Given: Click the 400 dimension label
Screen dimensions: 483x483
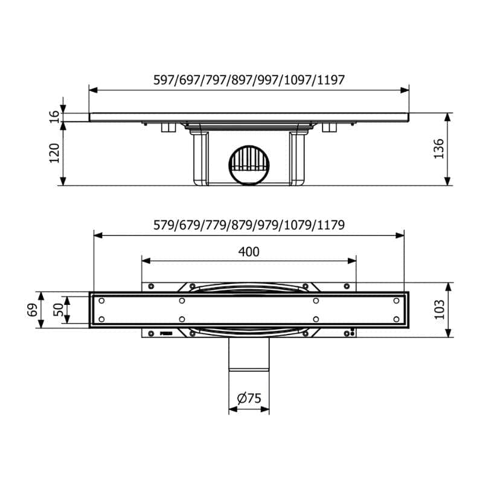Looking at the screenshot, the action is pos(249,252).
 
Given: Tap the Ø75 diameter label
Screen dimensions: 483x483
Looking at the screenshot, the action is pos(249,398).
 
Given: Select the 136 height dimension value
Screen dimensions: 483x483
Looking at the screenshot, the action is pos(439,149).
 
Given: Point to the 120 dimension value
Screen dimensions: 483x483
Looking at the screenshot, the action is pos(54,153).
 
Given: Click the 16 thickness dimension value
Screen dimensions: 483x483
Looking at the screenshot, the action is pos(54,117).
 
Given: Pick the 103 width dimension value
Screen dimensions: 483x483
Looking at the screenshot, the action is pos(439,309).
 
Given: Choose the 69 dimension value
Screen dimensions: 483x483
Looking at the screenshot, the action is pos(33,310).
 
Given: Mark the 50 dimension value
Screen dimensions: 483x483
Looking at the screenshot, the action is pos(58,310).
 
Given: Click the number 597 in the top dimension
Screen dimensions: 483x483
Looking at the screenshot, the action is pos(164,80).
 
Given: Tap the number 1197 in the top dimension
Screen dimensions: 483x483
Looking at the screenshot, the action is pos(330,80).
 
